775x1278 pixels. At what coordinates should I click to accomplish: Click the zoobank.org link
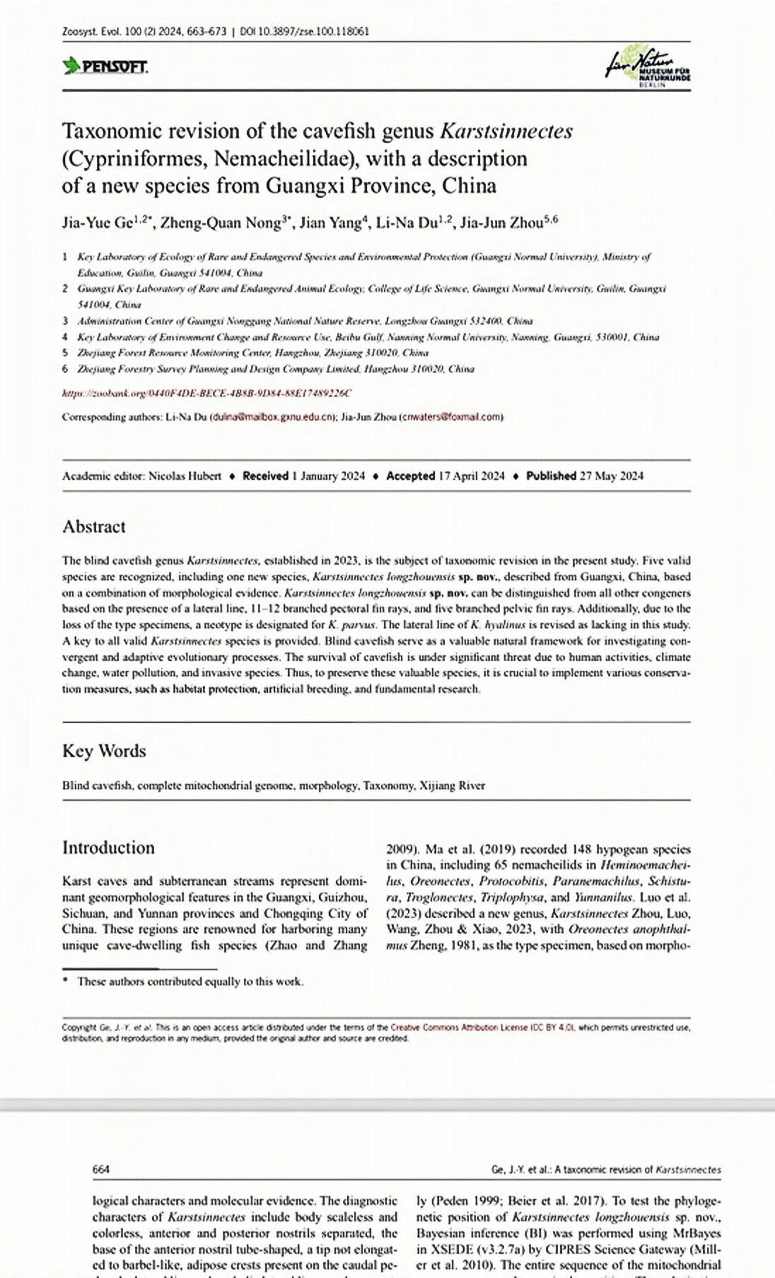[207, 393]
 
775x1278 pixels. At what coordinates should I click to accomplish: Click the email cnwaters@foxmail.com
[452, 417]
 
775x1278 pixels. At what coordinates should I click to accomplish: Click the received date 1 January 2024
[328, 476]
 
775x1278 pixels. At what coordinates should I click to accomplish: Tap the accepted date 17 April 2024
[472, 476]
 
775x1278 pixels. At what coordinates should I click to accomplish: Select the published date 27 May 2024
[612, 476]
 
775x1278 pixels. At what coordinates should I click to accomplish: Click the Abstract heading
[94, 527]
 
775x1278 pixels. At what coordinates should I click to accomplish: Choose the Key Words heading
[104, 751]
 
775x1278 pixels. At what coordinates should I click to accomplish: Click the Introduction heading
[108, 848]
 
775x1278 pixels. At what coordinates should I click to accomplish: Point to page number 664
[101, 1170]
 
